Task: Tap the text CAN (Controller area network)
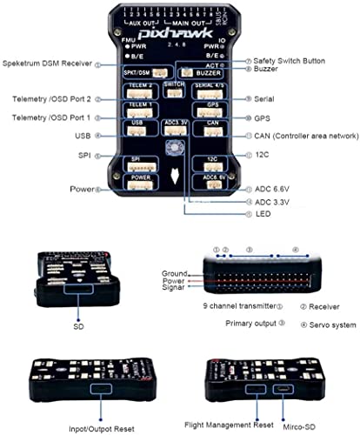[301, 135]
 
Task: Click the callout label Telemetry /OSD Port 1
[48, 117]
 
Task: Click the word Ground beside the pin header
[175, 274]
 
